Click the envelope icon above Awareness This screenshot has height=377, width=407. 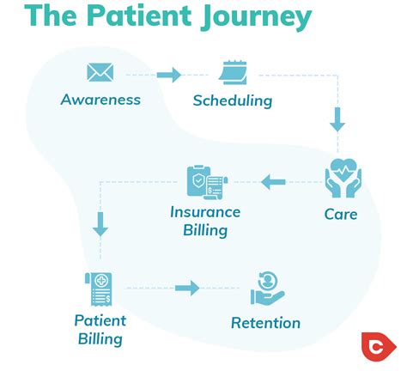(x=100, y=73)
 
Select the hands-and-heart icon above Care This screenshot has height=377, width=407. (x=343, y=179)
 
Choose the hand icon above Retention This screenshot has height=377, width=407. (x=267, y=289)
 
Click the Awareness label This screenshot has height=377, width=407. (x=100, y=100)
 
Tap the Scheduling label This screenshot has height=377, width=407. (x=232, y=100)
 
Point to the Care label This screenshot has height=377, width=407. (x=341, y=213)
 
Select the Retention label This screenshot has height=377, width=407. (x=266, y=323)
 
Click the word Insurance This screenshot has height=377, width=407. (x=205, y=212)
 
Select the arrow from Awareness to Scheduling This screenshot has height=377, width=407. (x=169, y=75)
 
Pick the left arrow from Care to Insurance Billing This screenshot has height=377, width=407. (x=274, y=181)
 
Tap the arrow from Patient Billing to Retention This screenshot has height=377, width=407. (x=187, y=288)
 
